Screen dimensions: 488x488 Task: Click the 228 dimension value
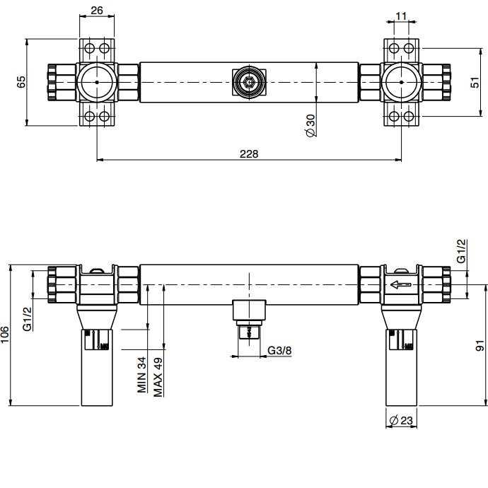249,153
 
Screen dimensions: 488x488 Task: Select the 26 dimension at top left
97,11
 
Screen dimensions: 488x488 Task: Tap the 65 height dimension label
21,82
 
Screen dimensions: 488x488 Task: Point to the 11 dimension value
402,16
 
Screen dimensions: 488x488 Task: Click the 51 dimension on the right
475,83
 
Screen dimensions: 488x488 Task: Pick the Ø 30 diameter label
310,125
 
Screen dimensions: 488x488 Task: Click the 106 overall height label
5,335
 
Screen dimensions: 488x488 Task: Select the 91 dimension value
480,345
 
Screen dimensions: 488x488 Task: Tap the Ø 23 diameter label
401,421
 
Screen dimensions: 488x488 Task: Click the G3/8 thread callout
279,350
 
